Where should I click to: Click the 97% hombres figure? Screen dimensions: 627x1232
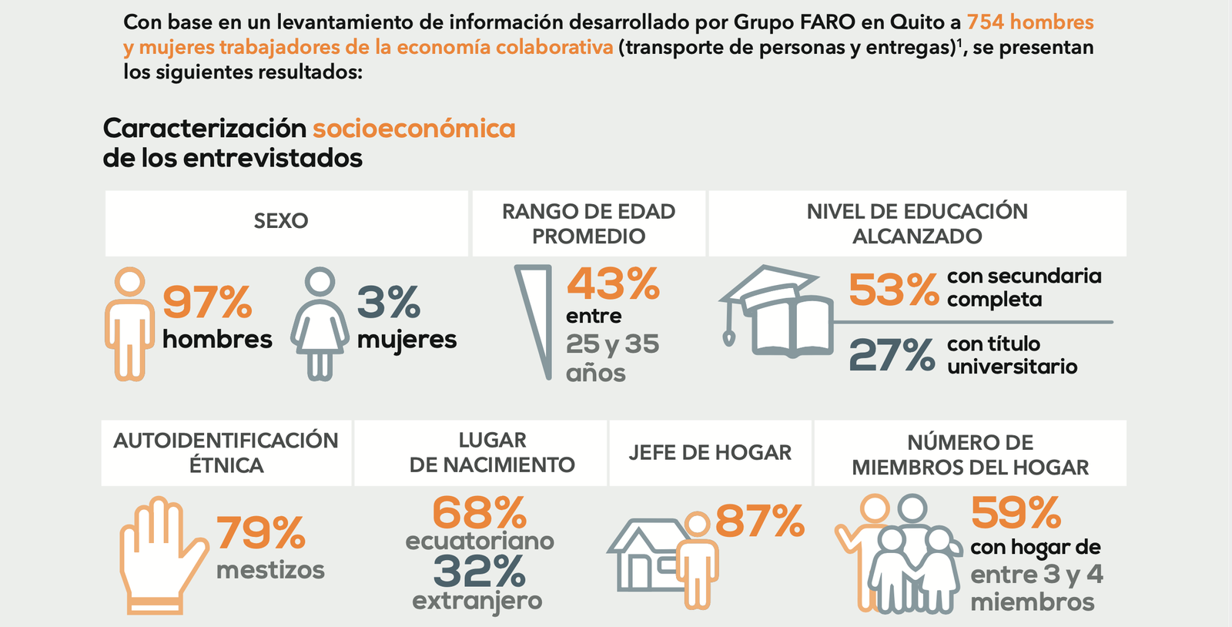click(207, 302)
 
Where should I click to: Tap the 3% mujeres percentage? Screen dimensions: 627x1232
click(388, 302)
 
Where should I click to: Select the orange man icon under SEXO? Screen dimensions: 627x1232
click(129, 324)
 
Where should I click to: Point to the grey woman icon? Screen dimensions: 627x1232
click(320, 324)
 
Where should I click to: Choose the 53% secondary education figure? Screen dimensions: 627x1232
click(893, 290)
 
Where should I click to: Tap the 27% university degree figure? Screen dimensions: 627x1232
click(892, 355)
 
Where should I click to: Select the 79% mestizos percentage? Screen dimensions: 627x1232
click(260, 533)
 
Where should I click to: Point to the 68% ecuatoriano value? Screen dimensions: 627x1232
click(479, 513)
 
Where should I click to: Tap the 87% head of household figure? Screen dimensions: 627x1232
click(759, 521)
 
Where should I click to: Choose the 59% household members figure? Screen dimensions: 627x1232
click(1015, 513)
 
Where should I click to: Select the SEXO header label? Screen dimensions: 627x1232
click(281, 221)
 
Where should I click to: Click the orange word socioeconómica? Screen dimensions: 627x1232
click(413, 128)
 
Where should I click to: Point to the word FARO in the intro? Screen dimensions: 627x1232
click(827, 22)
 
